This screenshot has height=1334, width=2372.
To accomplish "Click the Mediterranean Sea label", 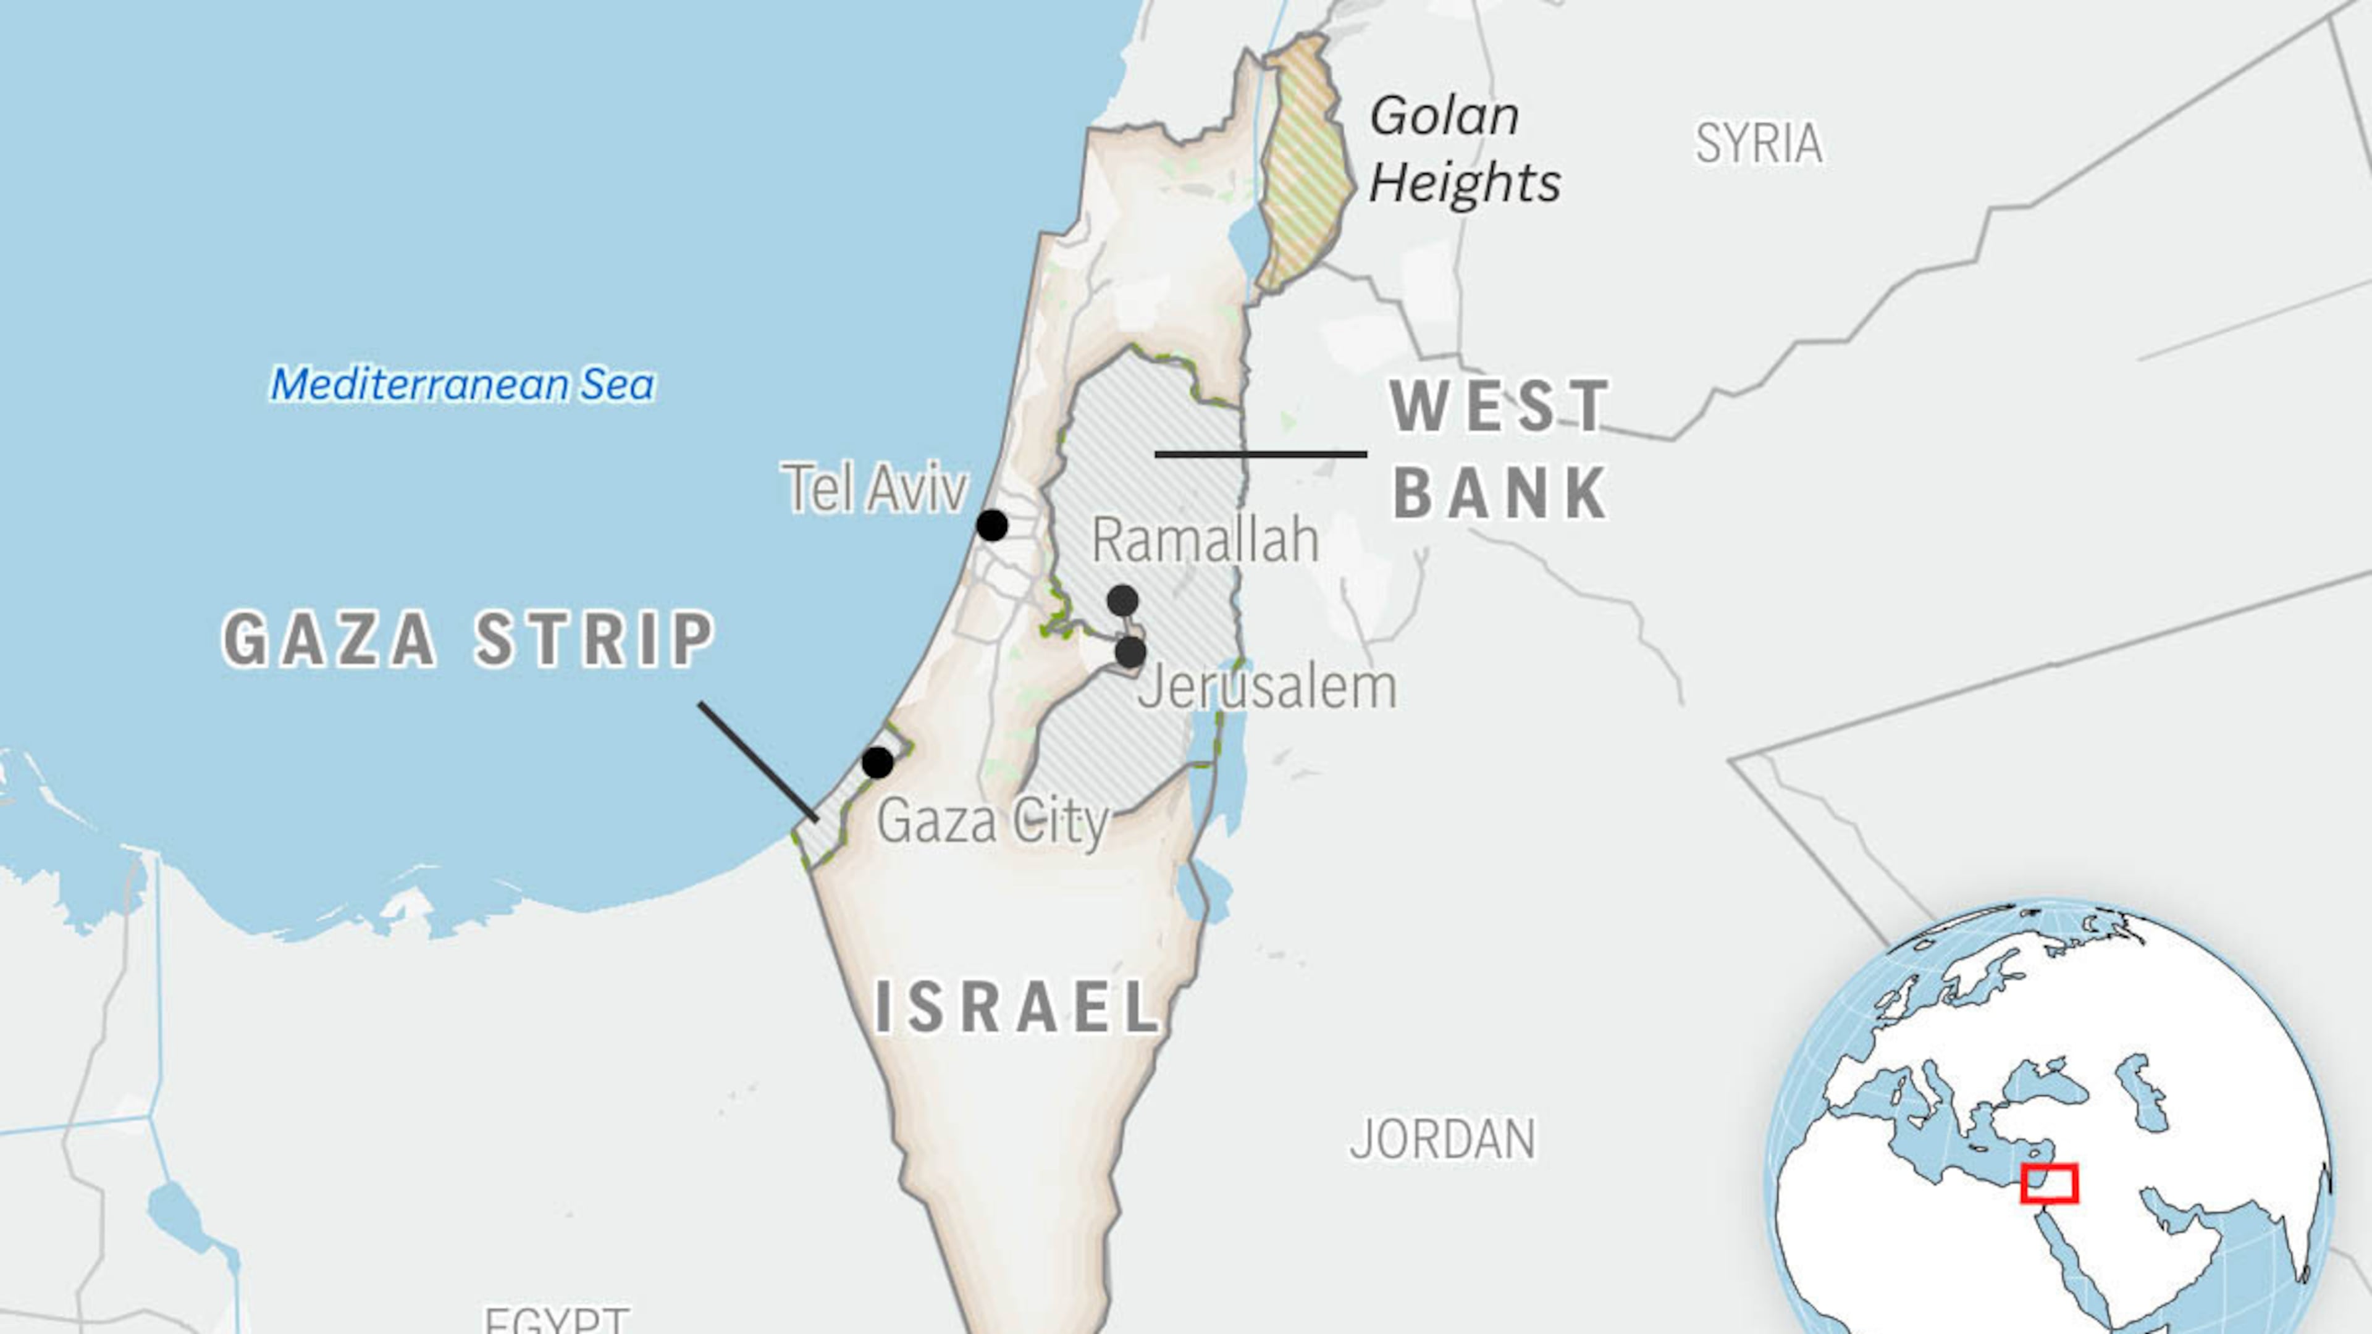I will [x=462, y=385].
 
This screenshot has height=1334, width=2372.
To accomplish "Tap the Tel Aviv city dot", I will [x=991, y=526].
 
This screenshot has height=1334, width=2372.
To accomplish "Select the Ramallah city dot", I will [x=1122, y=601].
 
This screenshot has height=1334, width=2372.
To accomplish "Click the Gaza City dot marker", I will [x=878, y=762].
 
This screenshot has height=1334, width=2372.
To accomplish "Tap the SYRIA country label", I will [x=1759, y=144].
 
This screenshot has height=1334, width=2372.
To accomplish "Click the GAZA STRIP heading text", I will [x=469, y=639].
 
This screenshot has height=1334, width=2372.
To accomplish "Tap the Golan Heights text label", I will [x=1464, y=149].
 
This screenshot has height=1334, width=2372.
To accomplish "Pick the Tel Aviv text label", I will [x=875, y=488].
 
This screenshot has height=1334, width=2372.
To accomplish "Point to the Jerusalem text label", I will [x=1267, y=688].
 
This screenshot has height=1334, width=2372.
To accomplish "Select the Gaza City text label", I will [x=993, y=821].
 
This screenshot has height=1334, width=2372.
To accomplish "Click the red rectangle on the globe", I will [x=2050, y=1184].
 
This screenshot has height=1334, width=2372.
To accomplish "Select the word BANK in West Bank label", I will [x=1501, y=493].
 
